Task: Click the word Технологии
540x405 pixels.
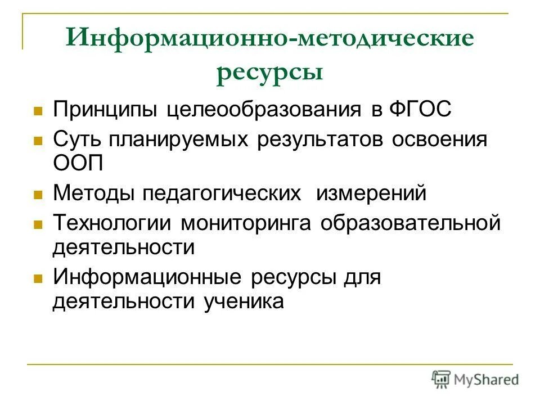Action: [x=113, y=223]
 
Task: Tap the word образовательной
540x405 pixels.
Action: [x=411, y=223]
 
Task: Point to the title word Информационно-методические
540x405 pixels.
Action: [x=269, y=39]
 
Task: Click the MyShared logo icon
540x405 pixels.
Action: [x=441, y=380]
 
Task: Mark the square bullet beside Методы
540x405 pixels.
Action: [x=38, y=195]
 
